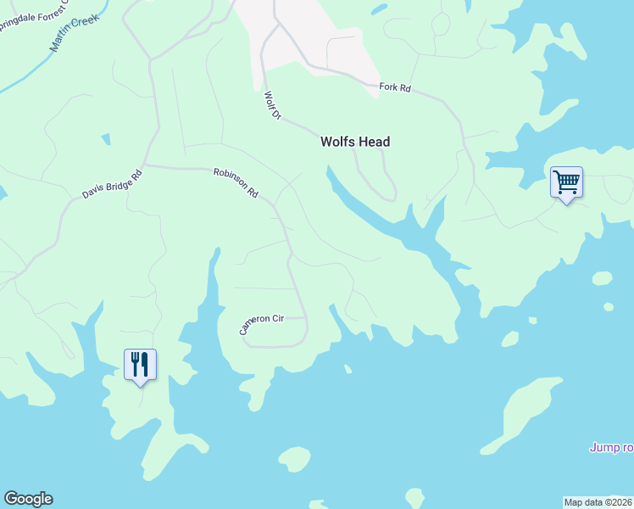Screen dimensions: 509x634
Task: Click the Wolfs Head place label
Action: coord(355,142)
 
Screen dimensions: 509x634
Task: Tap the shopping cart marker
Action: coord(566,182)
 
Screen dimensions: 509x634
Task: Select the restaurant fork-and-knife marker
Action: coord(140,366)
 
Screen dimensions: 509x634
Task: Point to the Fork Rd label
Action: coord(395,87)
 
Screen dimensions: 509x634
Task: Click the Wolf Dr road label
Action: coord(271,105)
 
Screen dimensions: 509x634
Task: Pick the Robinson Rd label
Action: coord(236,182)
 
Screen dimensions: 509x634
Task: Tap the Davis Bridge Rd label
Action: coord(112,184)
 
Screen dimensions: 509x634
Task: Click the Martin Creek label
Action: coord(75,31)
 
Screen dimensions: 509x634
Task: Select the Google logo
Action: coord(28,499)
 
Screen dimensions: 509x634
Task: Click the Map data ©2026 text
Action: coord(598,502)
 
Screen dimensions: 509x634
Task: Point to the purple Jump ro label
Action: coord(611,447)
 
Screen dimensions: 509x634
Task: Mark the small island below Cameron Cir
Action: coord(294,459)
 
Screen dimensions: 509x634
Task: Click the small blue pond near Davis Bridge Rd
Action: coord(106,138)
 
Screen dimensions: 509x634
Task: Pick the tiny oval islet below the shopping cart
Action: coord(602,278)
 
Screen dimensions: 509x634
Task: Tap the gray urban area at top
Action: coord(314,30)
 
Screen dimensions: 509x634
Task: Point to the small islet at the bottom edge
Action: coord(414,497)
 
